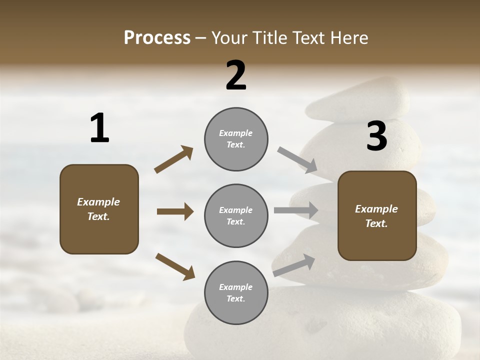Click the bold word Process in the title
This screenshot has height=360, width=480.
[157, 38]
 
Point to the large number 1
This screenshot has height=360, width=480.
[99, 128]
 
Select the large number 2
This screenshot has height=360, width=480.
[236, 75]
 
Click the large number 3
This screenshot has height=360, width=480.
[376, 136]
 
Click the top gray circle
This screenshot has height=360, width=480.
[236, 139]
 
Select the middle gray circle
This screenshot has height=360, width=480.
[236, 215]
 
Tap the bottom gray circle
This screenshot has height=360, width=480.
[236, 292]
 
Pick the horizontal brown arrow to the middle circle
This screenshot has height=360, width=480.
[175, 211]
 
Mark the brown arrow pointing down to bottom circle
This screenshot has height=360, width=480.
[175, 266]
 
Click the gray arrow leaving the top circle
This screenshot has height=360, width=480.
[297, 160]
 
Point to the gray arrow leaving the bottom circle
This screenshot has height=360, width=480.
[294, 265]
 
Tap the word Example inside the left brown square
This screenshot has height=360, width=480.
[98, 202]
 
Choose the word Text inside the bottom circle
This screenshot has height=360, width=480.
[235, 299]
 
